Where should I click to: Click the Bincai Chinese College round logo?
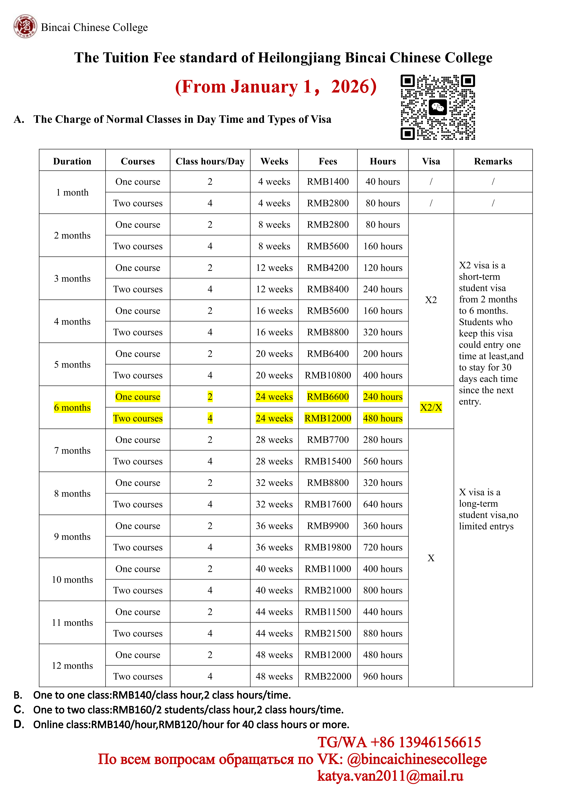click(25, 26)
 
